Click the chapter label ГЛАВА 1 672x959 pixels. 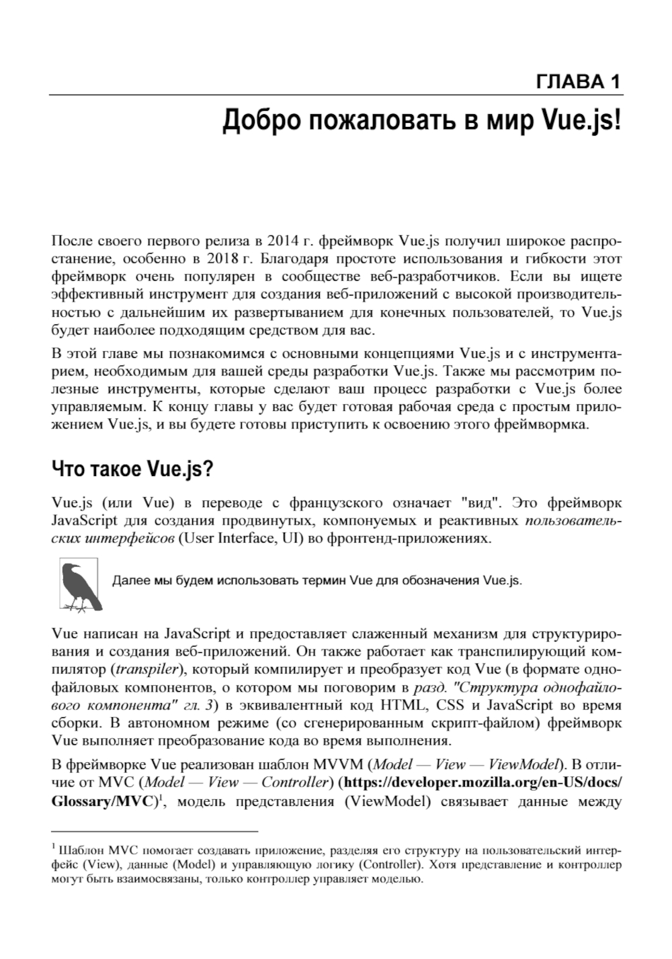pos(579,82)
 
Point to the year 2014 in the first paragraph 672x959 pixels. pos(282,240)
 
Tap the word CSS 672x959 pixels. pos(450,705)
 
